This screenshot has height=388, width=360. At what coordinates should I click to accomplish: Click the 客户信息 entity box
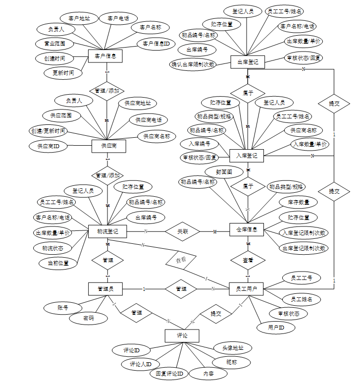(105, 56)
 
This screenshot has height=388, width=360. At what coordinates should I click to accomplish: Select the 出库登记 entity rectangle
(248, 61)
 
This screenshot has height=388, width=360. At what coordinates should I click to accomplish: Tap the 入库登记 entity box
(247, 155)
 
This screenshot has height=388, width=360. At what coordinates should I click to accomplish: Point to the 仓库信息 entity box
(247, 229)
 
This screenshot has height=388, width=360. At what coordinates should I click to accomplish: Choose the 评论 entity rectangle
(182, 335)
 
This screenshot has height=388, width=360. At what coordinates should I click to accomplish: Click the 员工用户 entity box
(247, 288)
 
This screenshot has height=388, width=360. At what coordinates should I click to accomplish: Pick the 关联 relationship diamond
(182, 231)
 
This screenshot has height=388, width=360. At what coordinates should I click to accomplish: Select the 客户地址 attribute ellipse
(79, 19)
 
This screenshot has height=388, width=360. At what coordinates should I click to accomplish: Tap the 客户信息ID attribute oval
(156, 44)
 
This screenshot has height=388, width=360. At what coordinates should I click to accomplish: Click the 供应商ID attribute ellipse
(48, 146)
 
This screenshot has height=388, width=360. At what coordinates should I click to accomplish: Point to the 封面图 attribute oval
(224, 171)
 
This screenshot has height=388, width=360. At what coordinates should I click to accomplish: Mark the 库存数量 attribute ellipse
(298, 202)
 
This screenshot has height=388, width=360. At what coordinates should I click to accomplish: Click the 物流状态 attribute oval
(52, 247)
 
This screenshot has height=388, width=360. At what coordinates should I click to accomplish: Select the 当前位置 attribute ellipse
(58, 263)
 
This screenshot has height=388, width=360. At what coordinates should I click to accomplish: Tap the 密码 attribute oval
(89, 318)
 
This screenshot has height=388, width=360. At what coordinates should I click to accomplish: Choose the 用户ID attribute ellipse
(276, 328)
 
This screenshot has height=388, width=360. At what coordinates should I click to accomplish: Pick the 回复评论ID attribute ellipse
(169, 373)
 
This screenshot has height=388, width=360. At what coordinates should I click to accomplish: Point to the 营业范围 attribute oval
(54, 44)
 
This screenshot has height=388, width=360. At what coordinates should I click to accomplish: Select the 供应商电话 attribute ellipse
(149, 120)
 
